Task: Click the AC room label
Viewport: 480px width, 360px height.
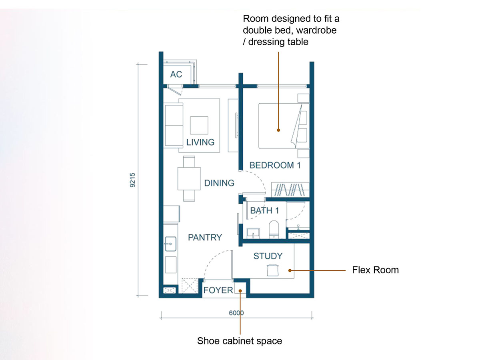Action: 176,74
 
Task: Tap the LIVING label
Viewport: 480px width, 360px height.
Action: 200,142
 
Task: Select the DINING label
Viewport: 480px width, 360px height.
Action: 219,183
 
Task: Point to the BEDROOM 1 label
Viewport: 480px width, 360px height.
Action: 275,165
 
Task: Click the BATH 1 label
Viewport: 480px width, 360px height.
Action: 264,210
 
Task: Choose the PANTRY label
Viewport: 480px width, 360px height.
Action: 205,237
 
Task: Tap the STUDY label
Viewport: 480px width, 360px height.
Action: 268,256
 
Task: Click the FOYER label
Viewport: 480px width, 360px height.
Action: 218,290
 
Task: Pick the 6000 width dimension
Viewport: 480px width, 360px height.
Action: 236,313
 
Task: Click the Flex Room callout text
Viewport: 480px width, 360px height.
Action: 375,270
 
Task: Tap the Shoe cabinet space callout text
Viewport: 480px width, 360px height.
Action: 240,341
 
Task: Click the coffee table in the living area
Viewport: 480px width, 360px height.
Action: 199,125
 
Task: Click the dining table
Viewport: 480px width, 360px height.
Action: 189,178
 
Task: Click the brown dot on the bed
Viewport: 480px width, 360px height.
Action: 278,130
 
